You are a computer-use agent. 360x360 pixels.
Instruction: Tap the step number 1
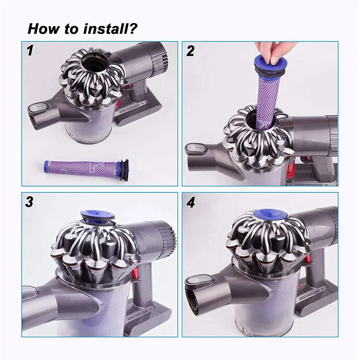click(30, 50)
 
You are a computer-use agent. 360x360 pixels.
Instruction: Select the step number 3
click(29, 202)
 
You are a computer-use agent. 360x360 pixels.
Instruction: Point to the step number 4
click(191, 202)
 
